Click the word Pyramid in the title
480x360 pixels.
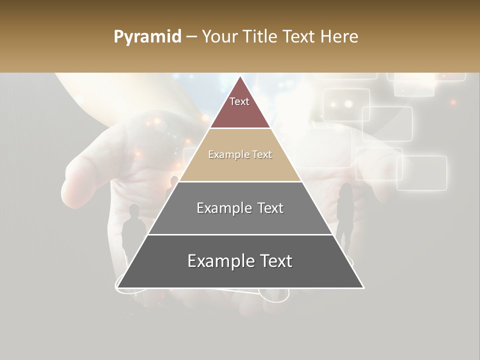click(147, 37)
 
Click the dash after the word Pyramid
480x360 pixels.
click(191, 37)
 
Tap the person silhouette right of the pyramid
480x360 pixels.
click(345, 210)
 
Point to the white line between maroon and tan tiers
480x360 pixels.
click(240, 128)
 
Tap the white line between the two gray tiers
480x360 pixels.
click(240, 234)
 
